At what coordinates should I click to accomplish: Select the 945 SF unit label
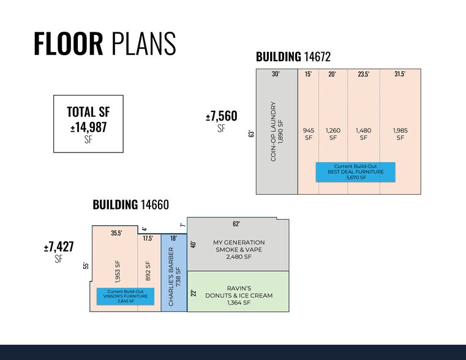[309, 133]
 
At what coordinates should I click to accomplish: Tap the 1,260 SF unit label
[333, 133]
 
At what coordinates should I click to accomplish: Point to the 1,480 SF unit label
[363, 133]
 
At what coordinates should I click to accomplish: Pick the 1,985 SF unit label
[400, 133]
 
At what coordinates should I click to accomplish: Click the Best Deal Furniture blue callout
[355, 172]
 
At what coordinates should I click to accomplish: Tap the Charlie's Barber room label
[174, 277]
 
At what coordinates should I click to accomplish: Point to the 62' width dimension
[236, 223]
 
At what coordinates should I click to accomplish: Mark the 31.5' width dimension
[400, 74]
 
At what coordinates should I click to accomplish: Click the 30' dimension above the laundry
[276, 74]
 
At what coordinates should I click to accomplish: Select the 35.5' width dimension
[115, 233]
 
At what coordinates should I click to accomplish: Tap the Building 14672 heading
[293, 58]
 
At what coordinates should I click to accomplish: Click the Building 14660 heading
[130, 204]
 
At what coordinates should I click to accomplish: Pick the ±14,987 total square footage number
[89, 128]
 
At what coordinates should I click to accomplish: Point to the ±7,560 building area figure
[221, 116]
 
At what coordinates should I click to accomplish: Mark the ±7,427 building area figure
[59, 247]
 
